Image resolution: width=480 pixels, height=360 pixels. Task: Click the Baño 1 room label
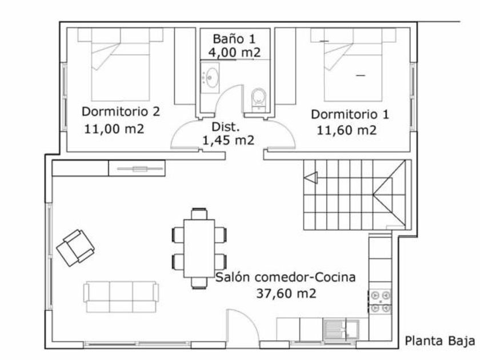tap(234, 39)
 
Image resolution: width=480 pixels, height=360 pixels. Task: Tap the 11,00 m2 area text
tap(114, 129)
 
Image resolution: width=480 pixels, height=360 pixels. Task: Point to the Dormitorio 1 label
tap(350, 114)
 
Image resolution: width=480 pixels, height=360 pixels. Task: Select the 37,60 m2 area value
tap(286, 294)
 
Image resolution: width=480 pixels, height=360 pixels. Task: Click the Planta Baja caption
tap(440, 341)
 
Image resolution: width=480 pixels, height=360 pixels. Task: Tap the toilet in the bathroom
tap(259, 99)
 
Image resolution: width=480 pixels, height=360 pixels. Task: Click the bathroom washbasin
tap(210, 78)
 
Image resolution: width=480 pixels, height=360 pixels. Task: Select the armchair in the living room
tap(75, 247)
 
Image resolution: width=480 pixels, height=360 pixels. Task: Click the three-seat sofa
tap(121, 297)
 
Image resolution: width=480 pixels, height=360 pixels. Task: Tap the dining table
tap(199, 248)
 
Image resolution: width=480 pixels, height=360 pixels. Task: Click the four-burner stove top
tap(380, 301)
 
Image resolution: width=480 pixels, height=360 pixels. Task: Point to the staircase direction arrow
tap(311, 178)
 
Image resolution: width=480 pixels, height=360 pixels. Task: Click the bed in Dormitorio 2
tap(121, 65)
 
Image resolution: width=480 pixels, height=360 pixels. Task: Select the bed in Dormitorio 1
tap(353, 65)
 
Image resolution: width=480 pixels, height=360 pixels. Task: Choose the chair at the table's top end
tap(199, 214)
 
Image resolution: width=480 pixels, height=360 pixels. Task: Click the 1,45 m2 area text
tap(229, 140)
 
